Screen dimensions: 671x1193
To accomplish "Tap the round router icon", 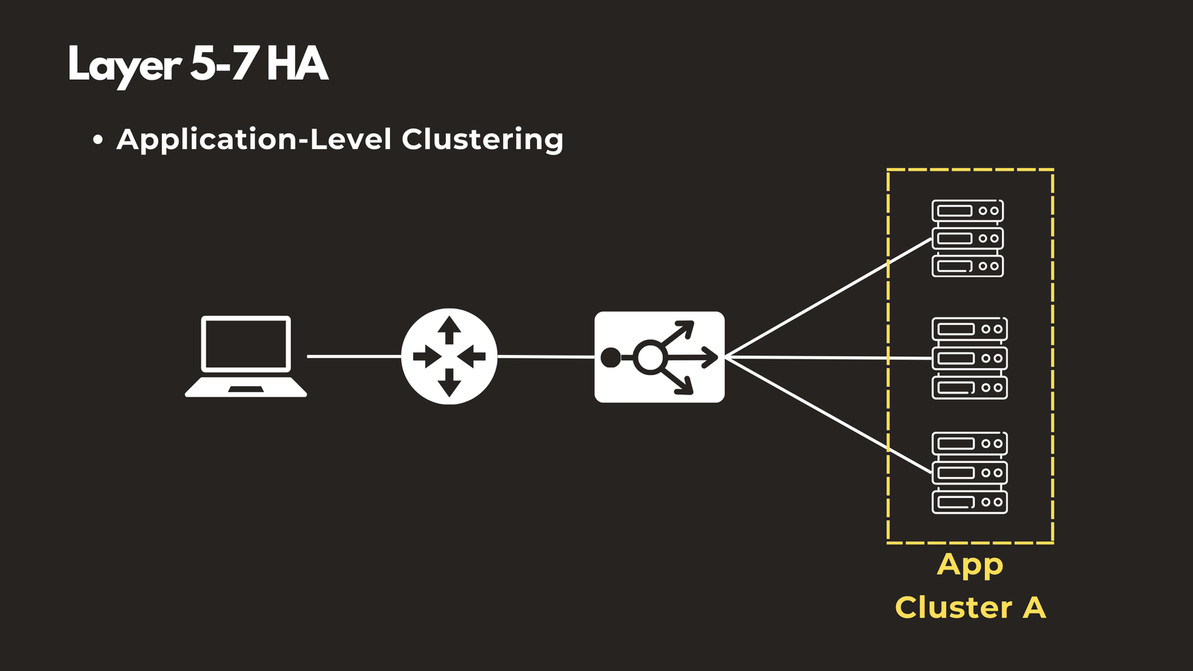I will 449,356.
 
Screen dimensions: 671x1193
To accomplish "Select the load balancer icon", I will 659,357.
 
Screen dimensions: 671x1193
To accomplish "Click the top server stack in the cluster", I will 968,238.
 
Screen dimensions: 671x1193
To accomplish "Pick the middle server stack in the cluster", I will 969,358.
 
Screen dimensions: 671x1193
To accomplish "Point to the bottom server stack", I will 969,473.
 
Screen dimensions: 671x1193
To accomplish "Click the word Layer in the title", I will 124,66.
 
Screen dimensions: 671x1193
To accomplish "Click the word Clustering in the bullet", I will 482,140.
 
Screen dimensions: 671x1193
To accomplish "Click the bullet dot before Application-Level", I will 98,140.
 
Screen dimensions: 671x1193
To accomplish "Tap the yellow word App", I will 970,565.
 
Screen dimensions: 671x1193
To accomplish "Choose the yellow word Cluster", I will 954,608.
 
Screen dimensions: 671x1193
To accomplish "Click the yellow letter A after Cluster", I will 1033,608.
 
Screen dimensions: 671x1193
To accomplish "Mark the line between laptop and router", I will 354,356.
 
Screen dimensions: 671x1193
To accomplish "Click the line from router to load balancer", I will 546,357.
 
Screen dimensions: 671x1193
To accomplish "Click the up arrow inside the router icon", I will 449,328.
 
